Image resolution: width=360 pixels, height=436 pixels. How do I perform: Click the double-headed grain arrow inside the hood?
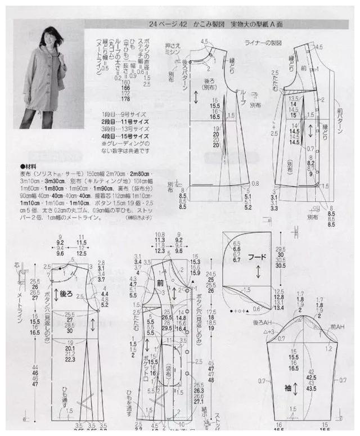coord(257,272)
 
